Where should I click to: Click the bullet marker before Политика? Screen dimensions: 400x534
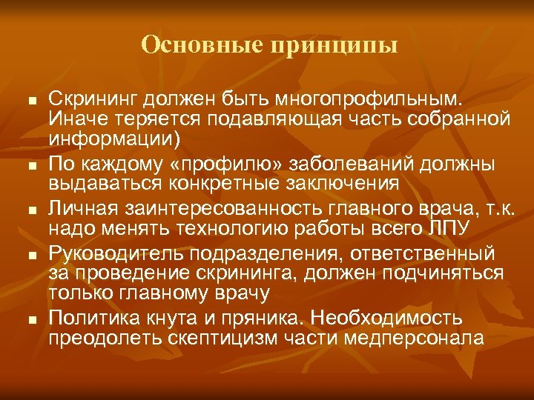point(30,319)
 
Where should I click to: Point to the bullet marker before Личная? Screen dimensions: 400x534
point(30,210)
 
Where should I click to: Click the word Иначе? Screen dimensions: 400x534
point(73,119)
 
